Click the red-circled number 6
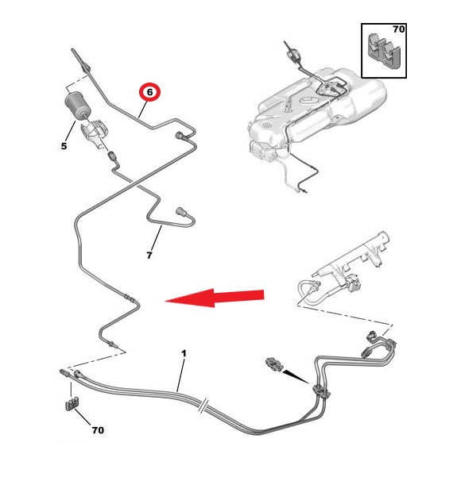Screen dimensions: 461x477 [149, 91]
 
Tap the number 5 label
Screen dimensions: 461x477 [64, 146]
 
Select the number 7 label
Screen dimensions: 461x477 [149, 255]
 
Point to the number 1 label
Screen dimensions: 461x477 [184, 353]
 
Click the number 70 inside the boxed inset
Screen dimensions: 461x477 [398, 29]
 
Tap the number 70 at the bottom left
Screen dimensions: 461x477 [98, 430]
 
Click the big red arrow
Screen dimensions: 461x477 [215, 298]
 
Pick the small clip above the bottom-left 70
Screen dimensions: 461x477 [72, 404]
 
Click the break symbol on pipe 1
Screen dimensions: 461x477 [203, 405]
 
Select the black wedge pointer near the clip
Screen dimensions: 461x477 [296, 376]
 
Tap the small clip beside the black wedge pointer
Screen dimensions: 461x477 [273, 364]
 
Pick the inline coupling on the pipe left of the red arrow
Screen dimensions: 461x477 [128, 296]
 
